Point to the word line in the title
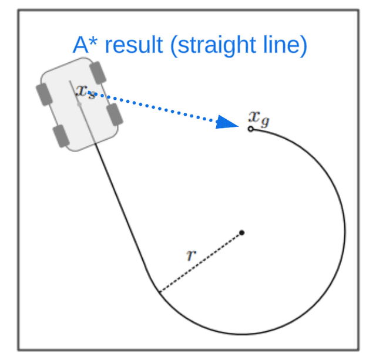286,45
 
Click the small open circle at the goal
251,129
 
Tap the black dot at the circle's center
241,233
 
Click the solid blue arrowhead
227,122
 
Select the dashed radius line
200,262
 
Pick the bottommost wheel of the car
61,136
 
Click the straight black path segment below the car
126,217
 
